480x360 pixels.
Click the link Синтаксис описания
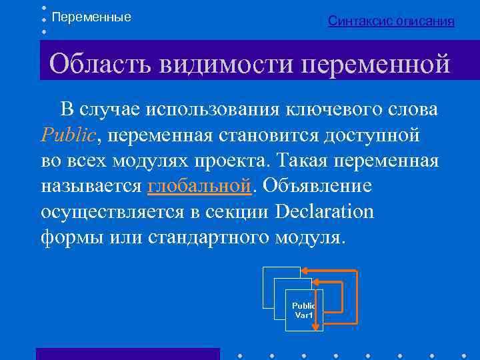click(x=391, y=21)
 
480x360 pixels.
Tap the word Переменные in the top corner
click(x=91, y=17)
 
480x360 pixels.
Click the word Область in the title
click(x=101, y=64)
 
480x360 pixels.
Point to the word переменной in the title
click(x=376, y=64)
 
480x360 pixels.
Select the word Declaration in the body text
click(x=325, y=211)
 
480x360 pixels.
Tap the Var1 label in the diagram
click(x=304, y=315)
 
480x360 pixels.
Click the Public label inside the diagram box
click(x=304, y=305)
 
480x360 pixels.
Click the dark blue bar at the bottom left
click(x=127, y=353)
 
